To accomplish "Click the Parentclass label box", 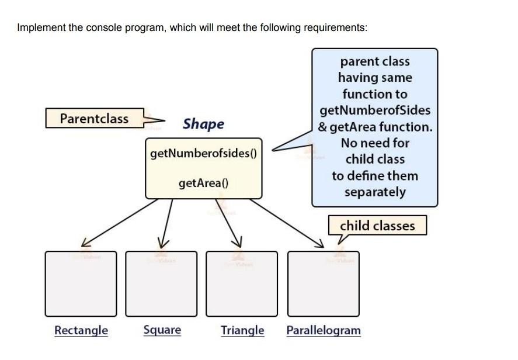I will click(95, 119).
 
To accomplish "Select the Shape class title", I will click(203, 124).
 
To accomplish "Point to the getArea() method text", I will click(203, 184).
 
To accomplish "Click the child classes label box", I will click(377, 226).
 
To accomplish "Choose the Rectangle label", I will click(81, 330).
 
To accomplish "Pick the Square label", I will click(162, 330).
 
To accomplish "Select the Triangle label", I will click(242, 330).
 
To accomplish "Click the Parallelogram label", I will click(324, 330).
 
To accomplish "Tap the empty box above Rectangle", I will click(81, 284).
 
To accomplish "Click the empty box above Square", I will click(162, 284).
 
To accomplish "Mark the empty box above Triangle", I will click(242, 284).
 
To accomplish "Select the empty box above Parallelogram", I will click(324, 284).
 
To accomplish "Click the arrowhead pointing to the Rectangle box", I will click(85, 242).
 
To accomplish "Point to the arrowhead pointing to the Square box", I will click(164, 243).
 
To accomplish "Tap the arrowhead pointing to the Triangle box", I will click(237, 243).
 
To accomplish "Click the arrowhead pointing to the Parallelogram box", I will click(319, 245).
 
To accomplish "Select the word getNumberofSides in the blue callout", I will click(375, 110).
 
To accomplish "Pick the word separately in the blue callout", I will click(375, 192).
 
